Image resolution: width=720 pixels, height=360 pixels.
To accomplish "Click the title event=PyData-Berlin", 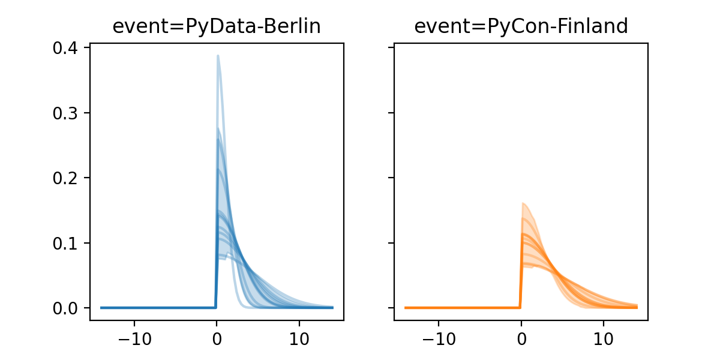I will click(217, 26).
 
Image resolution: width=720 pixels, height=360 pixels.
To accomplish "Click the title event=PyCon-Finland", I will click(521, 26).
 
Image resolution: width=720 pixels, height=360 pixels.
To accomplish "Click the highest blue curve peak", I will click(218, 56).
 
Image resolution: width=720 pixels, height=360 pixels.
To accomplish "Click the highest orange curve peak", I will click(523, 203).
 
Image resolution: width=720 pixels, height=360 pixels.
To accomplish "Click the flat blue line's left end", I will click(101, 308).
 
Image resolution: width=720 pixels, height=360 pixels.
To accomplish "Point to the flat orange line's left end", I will click(406, 308).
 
